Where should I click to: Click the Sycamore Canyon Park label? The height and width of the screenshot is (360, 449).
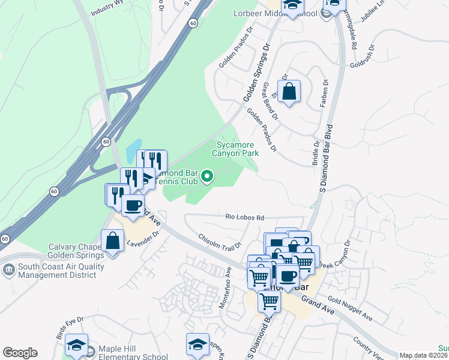tap(235, 149)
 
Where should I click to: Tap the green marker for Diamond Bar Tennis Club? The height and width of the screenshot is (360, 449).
tap(208, 176)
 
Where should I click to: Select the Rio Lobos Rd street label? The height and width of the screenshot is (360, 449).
tap(244, 217)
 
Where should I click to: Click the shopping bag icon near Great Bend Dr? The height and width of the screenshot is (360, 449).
tap(289, 92)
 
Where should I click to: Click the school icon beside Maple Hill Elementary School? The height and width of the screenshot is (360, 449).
tap(77, 345)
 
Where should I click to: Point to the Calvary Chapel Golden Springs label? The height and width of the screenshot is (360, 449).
tap(76, 251)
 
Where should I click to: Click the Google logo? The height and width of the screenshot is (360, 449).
tap(20, 353)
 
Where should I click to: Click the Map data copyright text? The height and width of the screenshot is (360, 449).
tap(424, 356)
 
